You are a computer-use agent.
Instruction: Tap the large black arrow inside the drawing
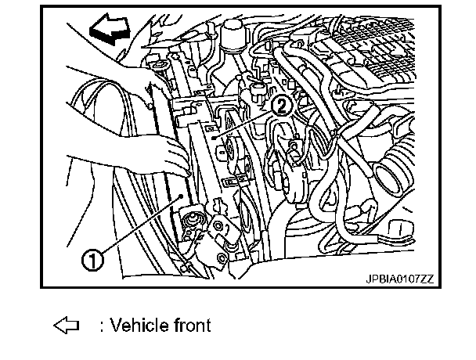110,31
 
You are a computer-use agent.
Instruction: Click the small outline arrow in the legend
63,325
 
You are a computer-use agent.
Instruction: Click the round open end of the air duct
392,168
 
